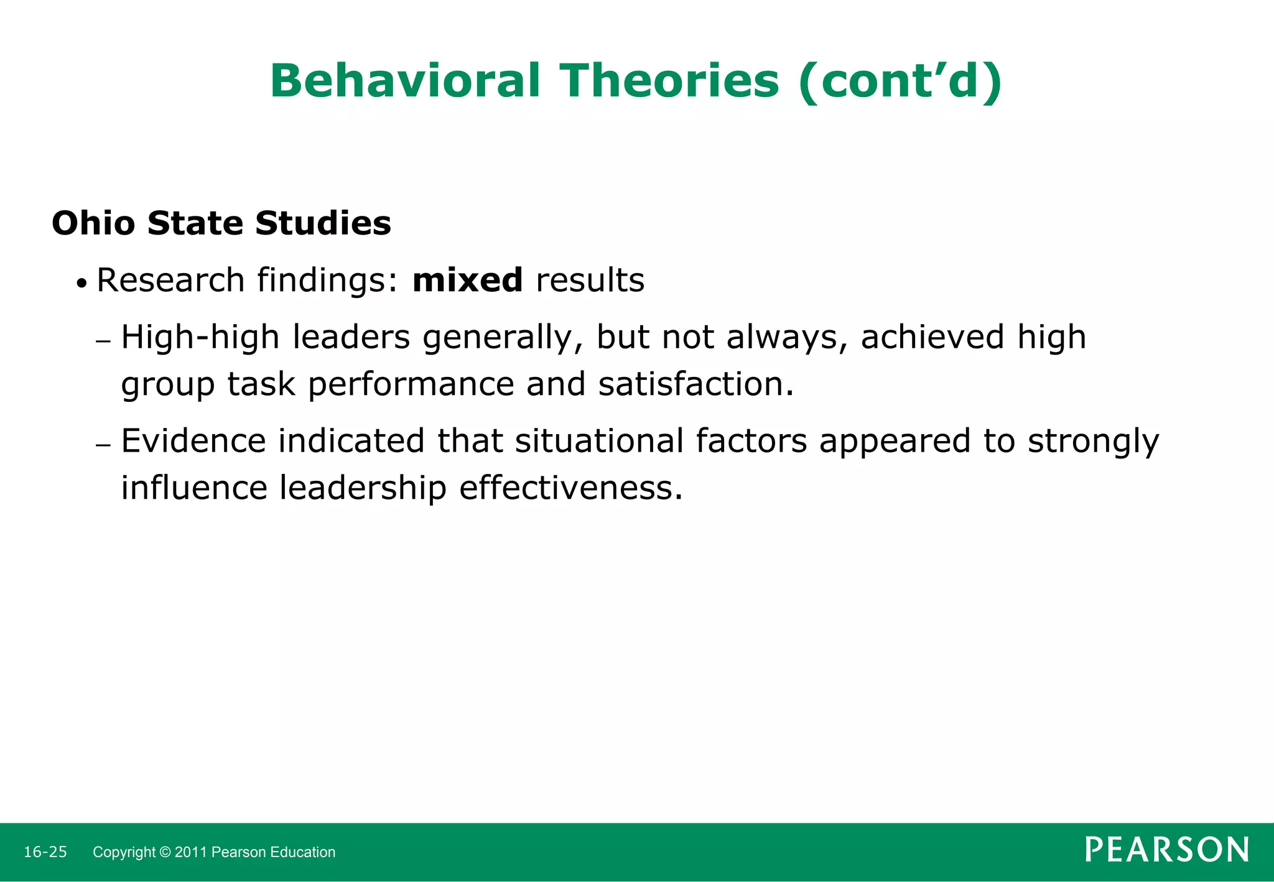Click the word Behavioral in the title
point(405,81)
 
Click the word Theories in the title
point(669,81)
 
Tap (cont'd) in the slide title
point(900,81)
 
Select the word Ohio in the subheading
point(93,223)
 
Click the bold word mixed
point(467,280)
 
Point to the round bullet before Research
point(81,284)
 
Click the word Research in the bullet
point(170,280)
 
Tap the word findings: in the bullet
point(327,280)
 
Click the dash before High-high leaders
point(103,341)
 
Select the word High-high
point(200,337)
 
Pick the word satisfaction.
point(695,384)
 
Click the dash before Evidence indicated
point(103,445)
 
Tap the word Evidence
point(193,441)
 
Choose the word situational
point(599,441)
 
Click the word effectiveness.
point(570,488)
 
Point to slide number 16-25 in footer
point(45,852)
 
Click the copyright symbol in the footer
point(165,852)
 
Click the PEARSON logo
point(1166,850)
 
